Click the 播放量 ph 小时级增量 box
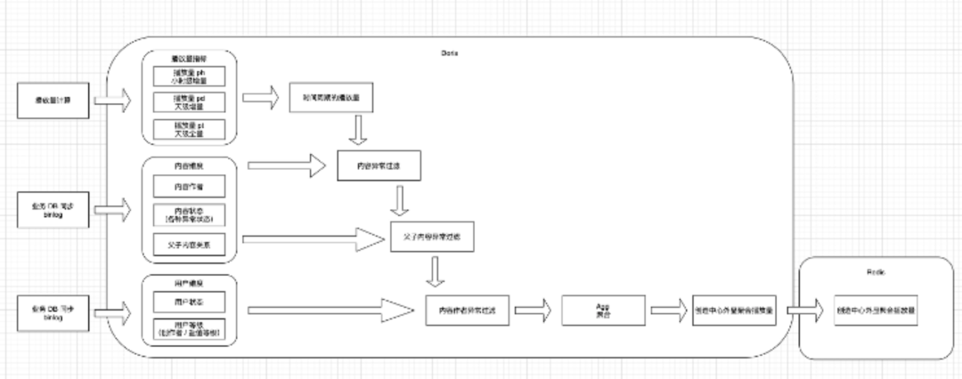[188, 76]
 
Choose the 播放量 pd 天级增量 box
[188, 101]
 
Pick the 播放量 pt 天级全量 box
[188, 128]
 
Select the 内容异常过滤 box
[379, 165]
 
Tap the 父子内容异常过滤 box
[432, 238]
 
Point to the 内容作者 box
[188, 186]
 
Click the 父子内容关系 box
[188, 242]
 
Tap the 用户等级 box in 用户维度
[188, 328]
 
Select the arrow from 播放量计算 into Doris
[113, 101]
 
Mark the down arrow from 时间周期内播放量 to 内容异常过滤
[357, 131]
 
